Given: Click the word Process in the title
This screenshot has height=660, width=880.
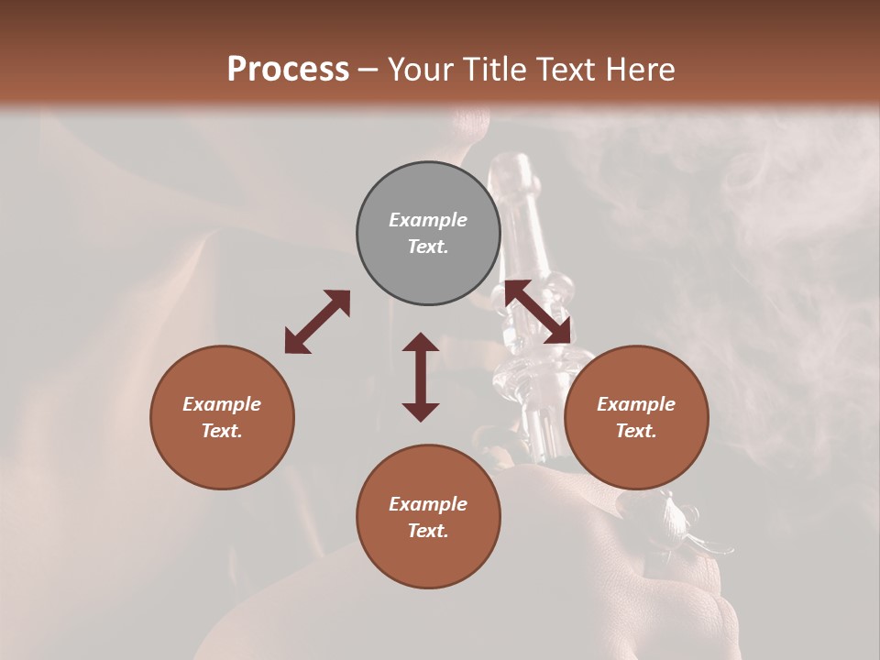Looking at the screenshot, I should (x=288, y=70).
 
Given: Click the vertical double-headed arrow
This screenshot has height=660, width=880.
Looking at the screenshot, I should (x=421, y=377).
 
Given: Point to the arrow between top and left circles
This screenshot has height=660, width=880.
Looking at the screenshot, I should (x=317, y=322).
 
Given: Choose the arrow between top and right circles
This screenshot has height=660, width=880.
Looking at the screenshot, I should (x=537, y=312).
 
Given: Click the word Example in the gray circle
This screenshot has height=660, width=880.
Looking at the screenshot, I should (x=428, y=220).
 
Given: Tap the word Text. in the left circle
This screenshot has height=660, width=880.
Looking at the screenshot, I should (x=222, y=431).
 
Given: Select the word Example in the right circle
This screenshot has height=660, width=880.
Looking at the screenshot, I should (x=636, y=404).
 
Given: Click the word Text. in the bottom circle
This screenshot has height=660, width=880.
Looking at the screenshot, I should (x=428, y=531).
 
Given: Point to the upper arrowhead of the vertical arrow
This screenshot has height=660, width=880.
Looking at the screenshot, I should (x=421, y=342).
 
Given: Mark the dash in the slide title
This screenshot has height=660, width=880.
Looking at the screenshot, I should (x=368, y=70).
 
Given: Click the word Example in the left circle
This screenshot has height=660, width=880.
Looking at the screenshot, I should (x=222, y=404).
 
